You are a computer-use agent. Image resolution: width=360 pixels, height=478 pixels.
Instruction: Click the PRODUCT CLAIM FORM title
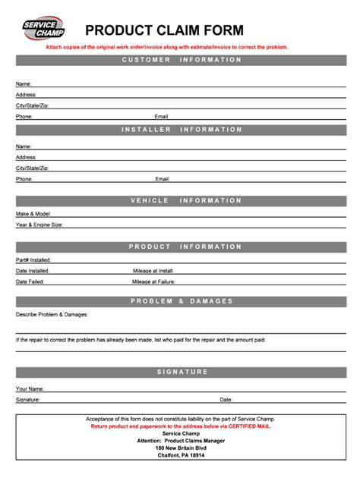tap(164, 30)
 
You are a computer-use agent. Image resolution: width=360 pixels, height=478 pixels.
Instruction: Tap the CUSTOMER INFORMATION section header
tap(182, 60)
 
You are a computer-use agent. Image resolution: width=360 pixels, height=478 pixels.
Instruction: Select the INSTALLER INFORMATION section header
tap(182, 130)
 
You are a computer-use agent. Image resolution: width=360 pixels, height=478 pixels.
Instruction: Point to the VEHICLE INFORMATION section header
tap(182, 200)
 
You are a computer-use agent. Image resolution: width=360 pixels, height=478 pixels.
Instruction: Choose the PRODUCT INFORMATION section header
tap(182, 247)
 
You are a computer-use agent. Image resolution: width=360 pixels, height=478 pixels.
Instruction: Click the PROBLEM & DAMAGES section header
tap(182, 301)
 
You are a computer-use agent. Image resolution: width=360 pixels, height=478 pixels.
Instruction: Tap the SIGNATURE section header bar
tap(182, 372)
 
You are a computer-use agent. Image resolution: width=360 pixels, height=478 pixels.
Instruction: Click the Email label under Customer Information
tap(161, 117)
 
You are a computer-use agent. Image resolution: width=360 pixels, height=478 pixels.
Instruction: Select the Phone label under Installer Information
tap(24, 179)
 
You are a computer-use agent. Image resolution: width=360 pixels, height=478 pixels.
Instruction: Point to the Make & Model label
tap(33, 214)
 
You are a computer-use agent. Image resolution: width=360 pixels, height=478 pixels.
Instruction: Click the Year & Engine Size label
tap(39, 225)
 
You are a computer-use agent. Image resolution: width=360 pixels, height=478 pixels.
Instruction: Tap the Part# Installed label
tap(33, 259)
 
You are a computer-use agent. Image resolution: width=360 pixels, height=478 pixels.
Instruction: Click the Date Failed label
tap(30, 281)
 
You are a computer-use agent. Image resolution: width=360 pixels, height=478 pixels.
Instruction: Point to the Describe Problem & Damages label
tap(52, 314)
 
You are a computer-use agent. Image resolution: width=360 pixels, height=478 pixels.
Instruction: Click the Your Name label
tap(30, 388)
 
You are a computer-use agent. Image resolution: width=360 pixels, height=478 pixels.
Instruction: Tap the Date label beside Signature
tap(226, 399)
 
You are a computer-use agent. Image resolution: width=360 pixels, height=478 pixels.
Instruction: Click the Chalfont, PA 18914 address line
tap(181, 455)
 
